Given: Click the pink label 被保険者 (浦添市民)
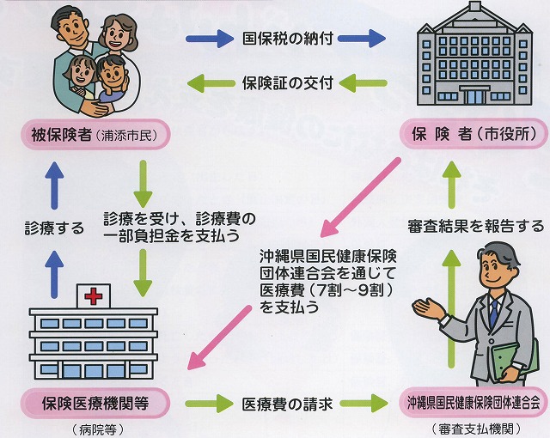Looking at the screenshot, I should point(95,134).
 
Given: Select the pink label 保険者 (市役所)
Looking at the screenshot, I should point(465,134).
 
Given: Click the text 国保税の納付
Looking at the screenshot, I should point(288,39).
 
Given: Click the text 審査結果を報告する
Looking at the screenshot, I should point(475,227).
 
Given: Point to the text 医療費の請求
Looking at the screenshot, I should point(286,402).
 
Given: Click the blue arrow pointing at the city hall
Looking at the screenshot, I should point(364,39).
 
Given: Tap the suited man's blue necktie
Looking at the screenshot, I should point(494,313).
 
